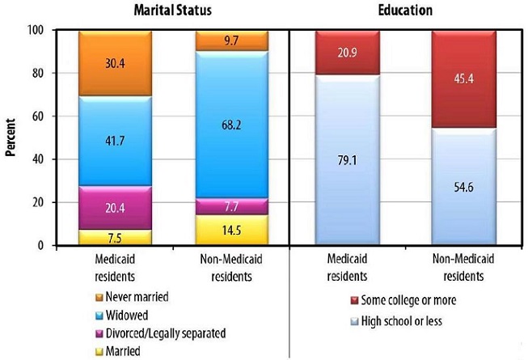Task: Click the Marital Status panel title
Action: (x=161, y=11)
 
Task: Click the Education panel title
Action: (x=404, y=11)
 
